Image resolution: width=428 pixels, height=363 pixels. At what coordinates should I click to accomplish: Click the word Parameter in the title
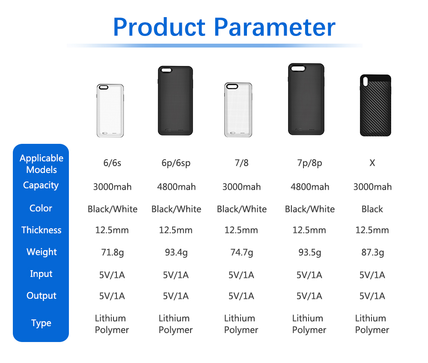275,27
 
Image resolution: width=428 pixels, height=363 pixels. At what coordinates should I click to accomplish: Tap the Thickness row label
41,230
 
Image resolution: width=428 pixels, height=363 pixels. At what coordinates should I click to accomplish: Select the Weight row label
42,252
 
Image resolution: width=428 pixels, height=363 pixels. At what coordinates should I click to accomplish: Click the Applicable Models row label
42,164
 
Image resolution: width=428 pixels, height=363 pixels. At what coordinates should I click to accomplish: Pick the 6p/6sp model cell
176,163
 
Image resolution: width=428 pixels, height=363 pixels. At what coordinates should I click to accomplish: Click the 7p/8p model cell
309,163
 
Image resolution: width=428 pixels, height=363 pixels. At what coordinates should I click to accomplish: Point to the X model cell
372,163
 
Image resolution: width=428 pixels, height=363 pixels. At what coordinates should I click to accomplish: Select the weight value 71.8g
112,253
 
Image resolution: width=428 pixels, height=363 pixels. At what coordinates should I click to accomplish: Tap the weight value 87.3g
373,253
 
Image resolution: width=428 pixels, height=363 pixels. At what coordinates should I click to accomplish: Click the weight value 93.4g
176,253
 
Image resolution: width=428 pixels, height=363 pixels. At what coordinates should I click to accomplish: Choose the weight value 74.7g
241,253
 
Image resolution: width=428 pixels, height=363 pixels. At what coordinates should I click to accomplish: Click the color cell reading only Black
372,209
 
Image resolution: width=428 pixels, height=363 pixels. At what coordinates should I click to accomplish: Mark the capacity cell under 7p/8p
310,187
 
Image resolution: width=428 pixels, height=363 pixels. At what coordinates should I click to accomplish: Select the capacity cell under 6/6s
112,187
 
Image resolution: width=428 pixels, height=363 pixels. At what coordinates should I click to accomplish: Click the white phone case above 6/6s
110,111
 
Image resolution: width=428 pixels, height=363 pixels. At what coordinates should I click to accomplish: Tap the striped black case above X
376,105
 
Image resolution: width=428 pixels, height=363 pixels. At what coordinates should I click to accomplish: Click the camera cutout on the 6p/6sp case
166,70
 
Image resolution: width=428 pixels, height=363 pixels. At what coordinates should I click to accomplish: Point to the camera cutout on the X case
366,81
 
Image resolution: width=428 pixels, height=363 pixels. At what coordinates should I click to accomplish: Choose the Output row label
42,296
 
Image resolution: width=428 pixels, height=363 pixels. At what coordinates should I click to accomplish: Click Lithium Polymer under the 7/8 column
241,324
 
